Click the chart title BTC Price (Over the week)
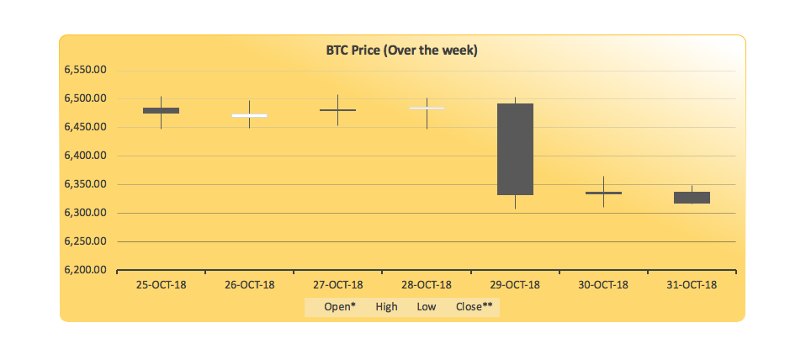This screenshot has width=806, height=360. click(402, 50)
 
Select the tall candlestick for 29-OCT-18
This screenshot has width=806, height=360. click(515, 149)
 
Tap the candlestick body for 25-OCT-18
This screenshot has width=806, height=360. click(161, 110)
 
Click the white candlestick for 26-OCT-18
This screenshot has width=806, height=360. click(250, 115)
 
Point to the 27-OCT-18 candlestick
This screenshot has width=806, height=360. click(337, 110)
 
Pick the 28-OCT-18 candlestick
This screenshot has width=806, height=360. click(427, 108)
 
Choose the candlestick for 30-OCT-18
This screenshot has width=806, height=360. click(603, 193)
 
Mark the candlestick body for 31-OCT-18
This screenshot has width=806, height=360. click(692, 198)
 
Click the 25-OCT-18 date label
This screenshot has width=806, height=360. click(161, 285)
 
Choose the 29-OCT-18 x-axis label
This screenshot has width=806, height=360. click(515, 285)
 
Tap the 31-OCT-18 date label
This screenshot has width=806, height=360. click(692, 285)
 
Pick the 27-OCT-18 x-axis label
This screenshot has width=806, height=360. click(337, 285)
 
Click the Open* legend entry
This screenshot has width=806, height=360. click(339, 307)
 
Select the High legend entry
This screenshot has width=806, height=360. click(387, 307)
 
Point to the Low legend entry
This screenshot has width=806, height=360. click(427, 307)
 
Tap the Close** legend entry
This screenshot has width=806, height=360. click(475, 307)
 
